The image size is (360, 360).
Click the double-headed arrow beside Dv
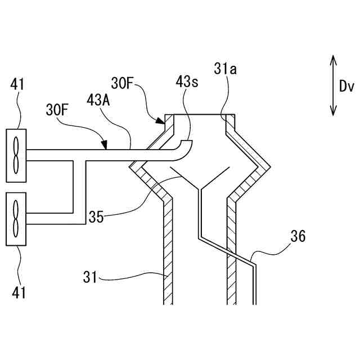(x=332, y=85)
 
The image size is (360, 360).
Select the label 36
(x=299, y=237)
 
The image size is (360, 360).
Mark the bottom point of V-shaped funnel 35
(x=199, y=188)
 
